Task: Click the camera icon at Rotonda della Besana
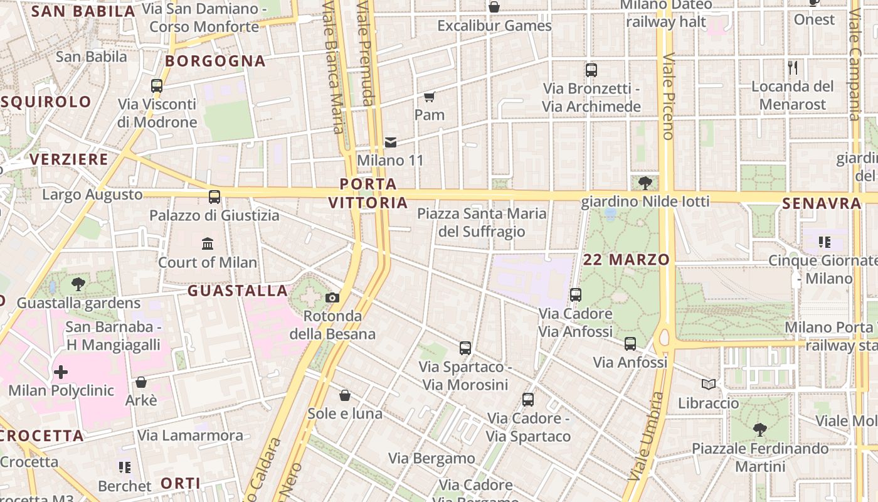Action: (x=332, y=297)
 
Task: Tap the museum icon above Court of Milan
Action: (x=208, y=243)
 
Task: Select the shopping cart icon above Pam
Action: (x=430, y=97)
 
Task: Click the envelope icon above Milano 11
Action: (x=391, y=142)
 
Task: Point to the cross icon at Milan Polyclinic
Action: (x=61, y=373)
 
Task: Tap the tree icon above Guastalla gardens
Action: (x=78, y=284)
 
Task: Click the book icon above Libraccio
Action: (x=709, y=384)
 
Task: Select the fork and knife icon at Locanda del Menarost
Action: (x=793, y=67)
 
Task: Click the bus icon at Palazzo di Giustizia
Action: (x=214, y=197)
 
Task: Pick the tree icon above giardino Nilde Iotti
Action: (x=645, y=183)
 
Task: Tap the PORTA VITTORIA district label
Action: (x=368, y=193)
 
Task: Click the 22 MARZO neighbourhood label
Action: (x=627, y=260)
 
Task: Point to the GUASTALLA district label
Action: (x=238, y=291)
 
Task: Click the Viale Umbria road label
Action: (x=647, y=436)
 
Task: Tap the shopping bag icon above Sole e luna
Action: (x=345, y=395)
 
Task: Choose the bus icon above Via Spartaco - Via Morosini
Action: (x=465, y=348)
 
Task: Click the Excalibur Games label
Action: (x=494, y=26)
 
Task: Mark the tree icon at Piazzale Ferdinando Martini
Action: (x=760, y=430)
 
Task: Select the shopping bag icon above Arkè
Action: (x=141, y=382)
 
